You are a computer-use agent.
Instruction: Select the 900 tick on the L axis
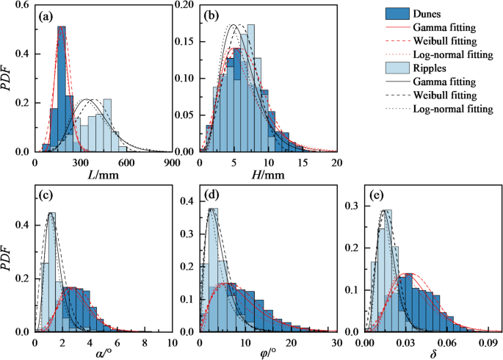click(172, 162)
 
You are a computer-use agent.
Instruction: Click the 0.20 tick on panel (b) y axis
click(185, 6)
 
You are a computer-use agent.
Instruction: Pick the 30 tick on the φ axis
click(336, 342)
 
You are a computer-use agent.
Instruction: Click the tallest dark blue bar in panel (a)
click(62, 88)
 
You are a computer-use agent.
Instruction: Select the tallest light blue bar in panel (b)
click(250, 88)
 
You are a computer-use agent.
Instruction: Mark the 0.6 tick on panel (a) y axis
click(23, 6)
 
